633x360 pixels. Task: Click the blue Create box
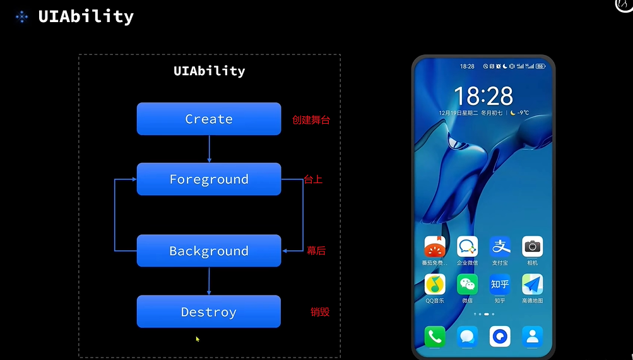click(209, 119)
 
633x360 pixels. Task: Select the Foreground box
click(209, 179)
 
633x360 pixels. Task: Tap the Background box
click(209, 251)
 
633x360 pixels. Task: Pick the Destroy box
click(209, 311)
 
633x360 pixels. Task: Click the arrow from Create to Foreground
click(209, 149)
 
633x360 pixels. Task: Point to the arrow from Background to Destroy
click(209, 281)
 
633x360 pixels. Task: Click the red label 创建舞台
click(311, 119)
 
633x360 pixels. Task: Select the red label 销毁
click(320, 311)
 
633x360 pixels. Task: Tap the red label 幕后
click(316, 251)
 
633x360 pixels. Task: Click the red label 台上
click(313, 179)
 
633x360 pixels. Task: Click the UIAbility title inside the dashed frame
click(209, 71)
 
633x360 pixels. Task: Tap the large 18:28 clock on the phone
click(483, 96)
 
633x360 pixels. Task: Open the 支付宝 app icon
click(500, 246)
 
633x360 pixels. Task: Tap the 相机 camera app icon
click(533, 246)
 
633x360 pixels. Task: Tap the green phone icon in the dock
click(435, 336)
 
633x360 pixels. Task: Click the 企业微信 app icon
click(467, 246)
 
